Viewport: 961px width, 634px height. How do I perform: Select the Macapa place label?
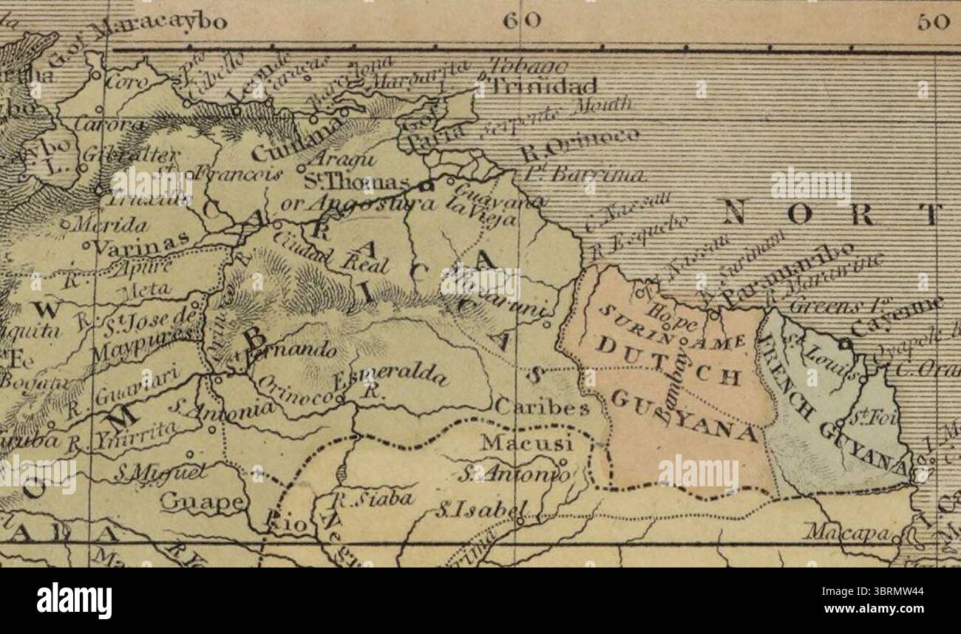pyautogui.click(x=850, y=531)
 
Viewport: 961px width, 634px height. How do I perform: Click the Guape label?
pyautogui.click(x=202, y=502)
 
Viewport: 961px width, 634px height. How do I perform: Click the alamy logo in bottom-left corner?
pyautogui.click(x=75, y=600)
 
